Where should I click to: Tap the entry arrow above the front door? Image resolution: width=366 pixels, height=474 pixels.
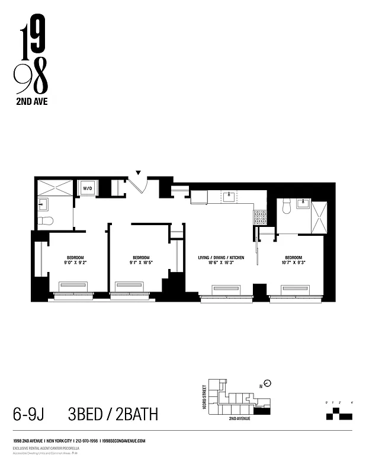[x=139, y=173]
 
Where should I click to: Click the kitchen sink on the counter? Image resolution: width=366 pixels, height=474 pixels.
[x=228, y=196]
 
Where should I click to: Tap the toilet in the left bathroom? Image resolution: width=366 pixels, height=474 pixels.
[x=46, y=221]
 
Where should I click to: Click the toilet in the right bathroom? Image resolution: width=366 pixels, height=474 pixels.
[x=285, y=206]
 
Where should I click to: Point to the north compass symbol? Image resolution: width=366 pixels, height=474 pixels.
[x=267, y=383]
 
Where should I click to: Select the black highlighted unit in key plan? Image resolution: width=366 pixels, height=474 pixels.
[x=261, y=409]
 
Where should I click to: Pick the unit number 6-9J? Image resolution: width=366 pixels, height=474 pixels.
[x=28, y=414]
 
